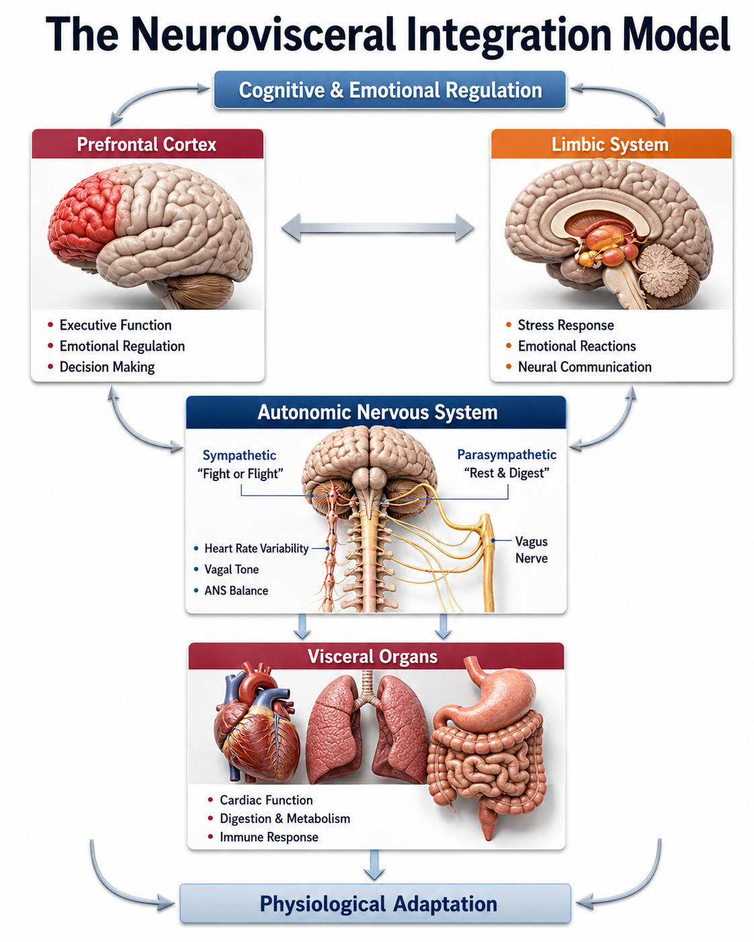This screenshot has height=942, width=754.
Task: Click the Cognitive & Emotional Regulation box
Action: click(x=390, y=90)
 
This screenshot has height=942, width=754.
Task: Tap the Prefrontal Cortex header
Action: click(x=148, y=144)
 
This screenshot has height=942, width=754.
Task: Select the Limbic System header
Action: click(x=612, y=144)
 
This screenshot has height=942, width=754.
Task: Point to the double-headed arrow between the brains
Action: click(x=378, y=228)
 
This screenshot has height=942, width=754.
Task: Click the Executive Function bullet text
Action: click(x=116, y=325)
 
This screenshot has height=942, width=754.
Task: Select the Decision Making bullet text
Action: click(x=108, y=367)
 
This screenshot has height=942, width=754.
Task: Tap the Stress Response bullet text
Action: click(x=566, y=325)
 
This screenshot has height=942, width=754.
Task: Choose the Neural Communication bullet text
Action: click(x=585, y=367)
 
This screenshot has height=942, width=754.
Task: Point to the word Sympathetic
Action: click(x=239, y=456)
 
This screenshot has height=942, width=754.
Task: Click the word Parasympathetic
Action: click(x=507, y=454)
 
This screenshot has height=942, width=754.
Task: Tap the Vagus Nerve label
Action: click(x=531, y=550)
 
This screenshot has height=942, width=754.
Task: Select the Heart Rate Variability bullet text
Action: click(x=257, y=548)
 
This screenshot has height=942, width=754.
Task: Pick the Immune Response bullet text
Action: click(x=269, y=837)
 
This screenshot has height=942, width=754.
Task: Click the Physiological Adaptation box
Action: click(x=375, y=903)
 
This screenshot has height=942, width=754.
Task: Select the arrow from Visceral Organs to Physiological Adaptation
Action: click(x=374, y=865)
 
